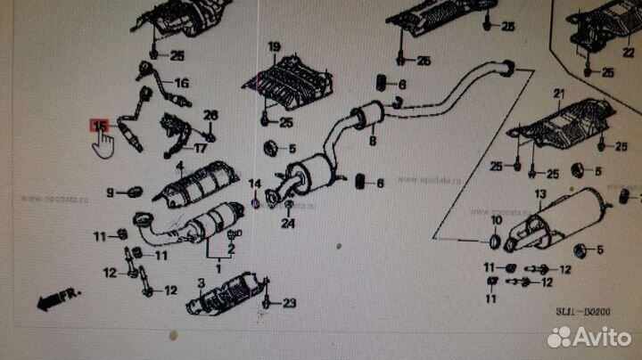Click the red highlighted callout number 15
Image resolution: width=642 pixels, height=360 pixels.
click(98, 127)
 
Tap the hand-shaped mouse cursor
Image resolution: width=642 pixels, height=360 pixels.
click(104, 142)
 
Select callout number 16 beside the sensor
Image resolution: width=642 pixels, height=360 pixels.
click(182, 83)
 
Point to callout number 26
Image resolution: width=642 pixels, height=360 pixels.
click(210, 115)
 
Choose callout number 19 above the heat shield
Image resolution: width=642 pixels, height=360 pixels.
click(274, 46)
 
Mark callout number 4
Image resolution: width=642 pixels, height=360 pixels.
click(180, 167)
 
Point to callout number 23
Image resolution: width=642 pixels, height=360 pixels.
click(288, 304)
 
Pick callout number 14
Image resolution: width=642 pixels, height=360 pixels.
click(256, 184)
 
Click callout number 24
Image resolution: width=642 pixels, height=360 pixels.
click(288, 224)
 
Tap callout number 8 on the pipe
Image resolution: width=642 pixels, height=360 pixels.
click(372, 141)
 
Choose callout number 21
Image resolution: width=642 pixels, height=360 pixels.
click(559, 94)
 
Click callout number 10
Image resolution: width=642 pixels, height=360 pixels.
click(497, 220)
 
